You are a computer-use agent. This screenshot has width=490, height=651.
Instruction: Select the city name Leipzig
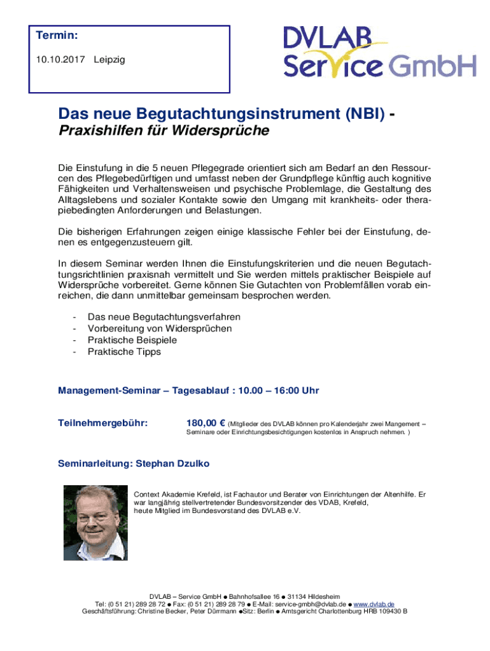coord(109,60)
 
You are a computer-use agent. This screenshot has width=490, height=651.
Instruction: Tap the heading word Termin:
coord(57,36)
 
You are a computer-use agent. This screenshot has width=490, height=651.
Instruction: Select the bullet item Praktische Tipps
coord(124,352)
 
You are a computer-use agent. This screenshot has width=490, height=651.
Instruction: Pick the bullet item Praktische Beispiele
coord(132,340)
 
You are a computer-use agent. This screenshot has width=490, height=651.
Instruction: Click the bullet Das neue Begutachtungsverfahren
coord(164,317)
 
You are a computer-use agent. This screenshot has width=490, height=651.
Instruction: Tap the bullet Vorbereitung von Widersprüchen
coord(160,329)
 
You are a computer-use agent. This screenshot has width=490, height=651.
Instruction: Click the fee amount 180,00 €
coord(206,423)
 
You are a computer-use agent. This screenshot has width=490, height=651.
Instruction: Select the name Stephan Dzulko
coord(172,464)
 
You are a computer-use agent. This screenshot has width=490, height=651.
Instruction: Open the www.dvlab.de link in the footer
coord(374,603)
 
